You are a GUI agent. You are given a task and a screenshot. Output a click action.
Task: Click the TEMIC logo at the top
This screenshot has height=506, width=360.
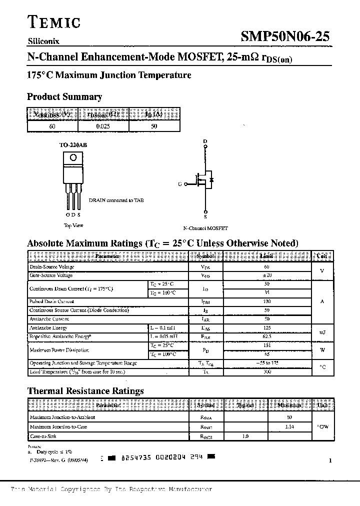[53, 22]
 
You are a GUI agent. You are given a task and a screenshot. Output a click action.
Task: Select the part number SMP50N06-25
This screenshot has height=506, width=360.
[285, 37]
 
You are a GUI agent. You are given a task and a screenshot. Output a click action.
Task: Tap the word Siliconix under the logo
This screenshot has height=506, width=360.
[43, 42]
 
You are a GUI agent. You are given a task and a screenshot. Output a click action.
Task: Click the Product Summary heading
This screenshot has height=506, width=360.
[64, 97]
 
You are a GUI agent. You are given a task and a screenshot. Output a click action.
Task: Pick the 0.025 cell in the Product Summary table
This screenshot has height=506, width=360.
[103, 126]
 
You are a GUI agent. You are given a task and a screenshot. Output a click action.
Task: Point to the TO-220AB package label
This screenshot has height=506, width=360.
[73, 145]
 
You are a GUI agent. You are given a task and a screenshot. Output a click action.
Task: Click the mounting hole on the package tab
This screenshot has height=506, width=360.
[73, 157]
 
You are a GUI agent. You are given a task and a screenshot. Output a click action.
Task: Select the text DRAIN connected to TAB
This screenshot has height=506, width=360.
[116, 200]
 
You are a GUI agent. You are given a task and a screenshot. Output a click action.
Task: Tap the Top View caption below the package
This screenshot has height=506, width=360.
[73, 225]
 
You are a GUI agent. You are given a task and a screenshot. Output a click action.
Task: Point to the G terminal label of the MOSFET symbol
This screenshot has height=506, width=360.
[180, 184]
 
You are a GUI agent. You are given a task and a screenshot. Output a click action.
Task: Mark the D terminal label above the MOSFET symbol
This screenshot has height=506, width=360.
[204, 141]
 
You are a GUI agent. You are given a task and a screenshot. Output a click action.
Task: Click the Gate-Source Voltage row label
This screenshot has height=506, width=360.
[51, 275]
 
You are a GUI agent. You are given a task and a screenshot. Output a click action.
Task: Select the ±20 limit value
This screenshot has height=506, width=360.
[266, 275]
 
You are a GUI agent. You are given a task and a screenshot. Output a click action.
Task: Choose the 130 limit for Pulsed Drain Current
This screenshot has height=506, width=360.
[266, 301]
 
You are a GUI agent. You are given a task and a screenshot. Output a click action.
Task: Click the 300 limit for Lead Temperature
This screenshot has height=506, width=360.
[266, 372]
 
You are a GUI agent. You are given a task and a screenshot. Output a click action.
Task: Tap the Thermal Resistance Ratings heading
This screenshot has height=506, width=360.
[85, 391]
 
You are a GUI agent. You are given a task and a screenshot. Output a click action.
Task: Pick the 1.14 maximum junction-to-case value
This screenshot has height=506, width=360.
[289, 427]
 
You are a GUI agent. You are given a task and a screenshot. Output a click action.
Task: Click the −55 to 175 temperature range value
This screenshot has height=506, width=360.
[266, 363]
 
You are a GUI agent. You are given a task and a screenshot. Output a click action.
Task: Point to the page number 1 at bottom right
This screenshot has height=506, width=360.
[330, 461]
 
